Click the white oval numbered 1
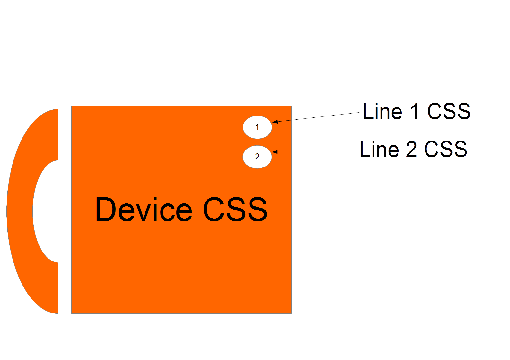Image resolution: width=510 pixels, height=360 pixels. (x=257, y=127)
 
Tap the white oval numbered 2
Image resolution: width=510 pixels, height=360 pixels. (x=257, y=157)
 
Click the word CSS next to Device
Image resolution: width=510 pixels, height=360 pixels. (x=235, y=210)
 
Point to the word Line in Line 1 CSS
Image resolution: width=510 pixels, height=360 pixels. (x=382, y=112)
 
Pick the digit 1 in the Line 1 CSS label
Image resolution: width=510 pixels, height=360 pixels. (x=415, y=112)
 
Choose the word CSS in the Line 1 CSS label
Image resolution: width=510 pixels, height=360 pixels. (x=449, y=112)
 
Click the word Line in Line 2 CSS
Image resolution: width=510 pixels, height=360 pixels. (x=379, y=149)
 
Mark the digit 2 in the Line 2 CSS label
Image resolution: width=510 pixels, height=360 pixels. (x=411, y=149)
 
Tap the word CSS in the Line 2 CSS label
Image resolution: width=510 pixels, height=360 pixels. (x=445, y=149)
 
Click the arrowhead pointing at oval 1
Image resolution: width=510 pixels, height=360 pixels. (x=275, y=122)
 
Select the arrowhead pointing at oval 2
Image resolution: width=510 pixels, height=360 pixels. (x=275, y=152)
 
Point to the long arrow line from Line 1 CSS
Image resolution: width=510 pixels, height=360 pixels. (x=318, y=117)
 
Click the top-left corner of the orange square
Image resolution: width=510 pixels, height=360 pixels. (x=72, y=106)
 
